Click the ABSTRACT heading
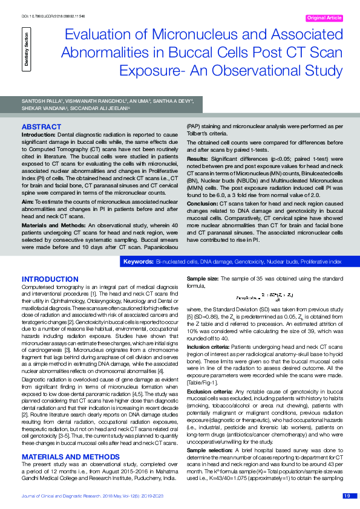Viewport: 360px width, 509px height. click(x=41, y=126)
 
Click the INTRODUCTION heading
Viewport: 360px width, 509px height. click(x=46, y=279)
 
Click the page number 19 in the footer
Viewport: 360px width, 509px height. click(x=346, y=496)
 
